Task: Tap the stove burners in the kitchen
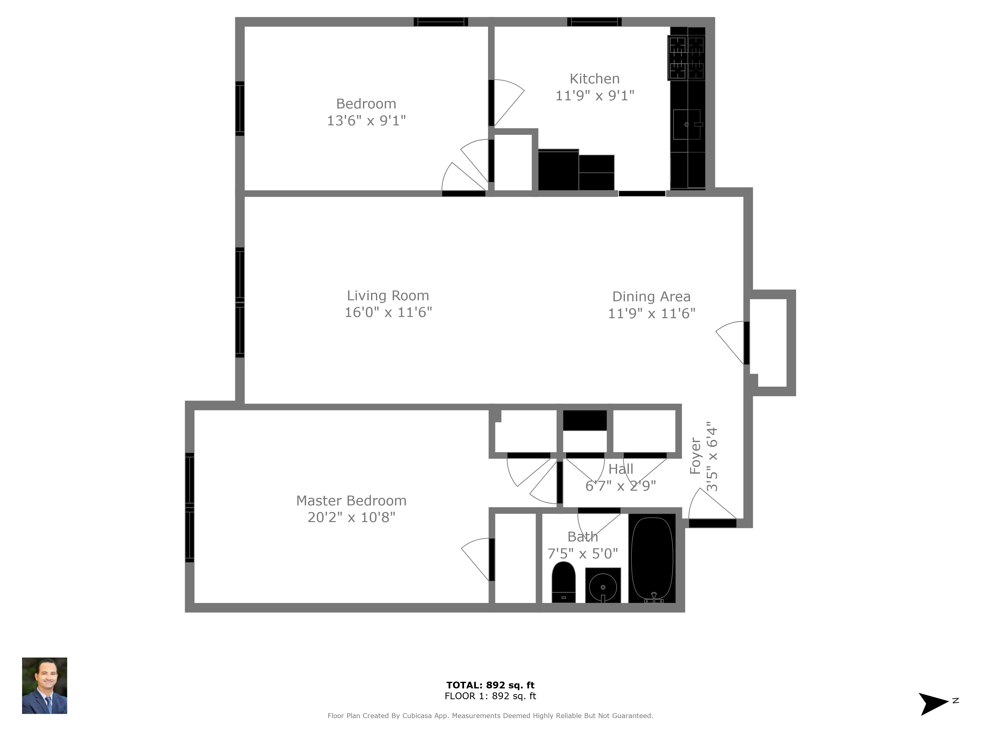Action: coord(686,58)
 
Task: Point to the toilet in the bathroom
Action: coord(563,582)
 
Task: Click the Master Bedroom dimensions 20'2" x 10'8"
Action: coord(351,517)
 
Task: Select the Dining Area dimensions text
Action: coord(651,314)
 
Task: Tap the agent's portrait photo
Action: coord(44,685)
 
